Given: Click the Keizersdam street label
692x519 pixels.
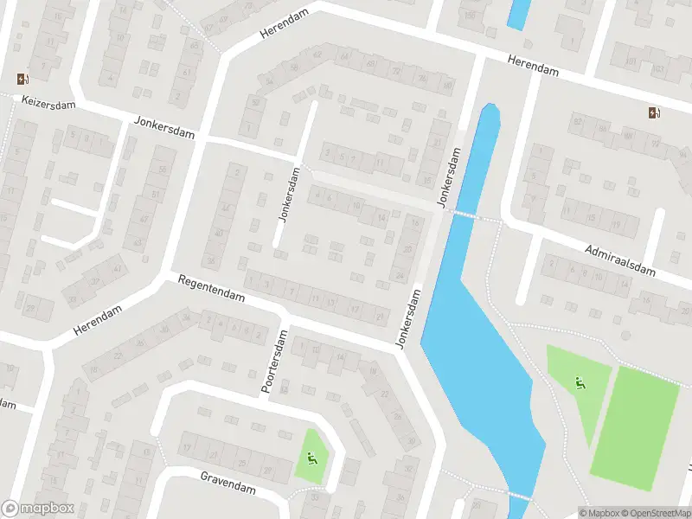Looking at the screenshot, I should (49, 104).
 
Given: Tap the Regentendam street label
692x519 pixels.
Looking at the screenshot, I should (212, 289).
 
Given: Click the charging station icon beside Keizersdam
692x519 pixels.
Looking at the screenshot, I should (22, 80).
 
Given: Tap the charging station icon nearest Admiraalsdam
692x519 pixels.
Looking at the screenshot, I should (655, 112).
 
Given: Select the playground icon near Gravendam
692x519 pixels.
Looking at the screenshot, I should (311, 458).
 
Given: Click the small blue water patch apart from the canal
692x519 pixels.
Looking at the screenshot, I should (518, 13).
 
